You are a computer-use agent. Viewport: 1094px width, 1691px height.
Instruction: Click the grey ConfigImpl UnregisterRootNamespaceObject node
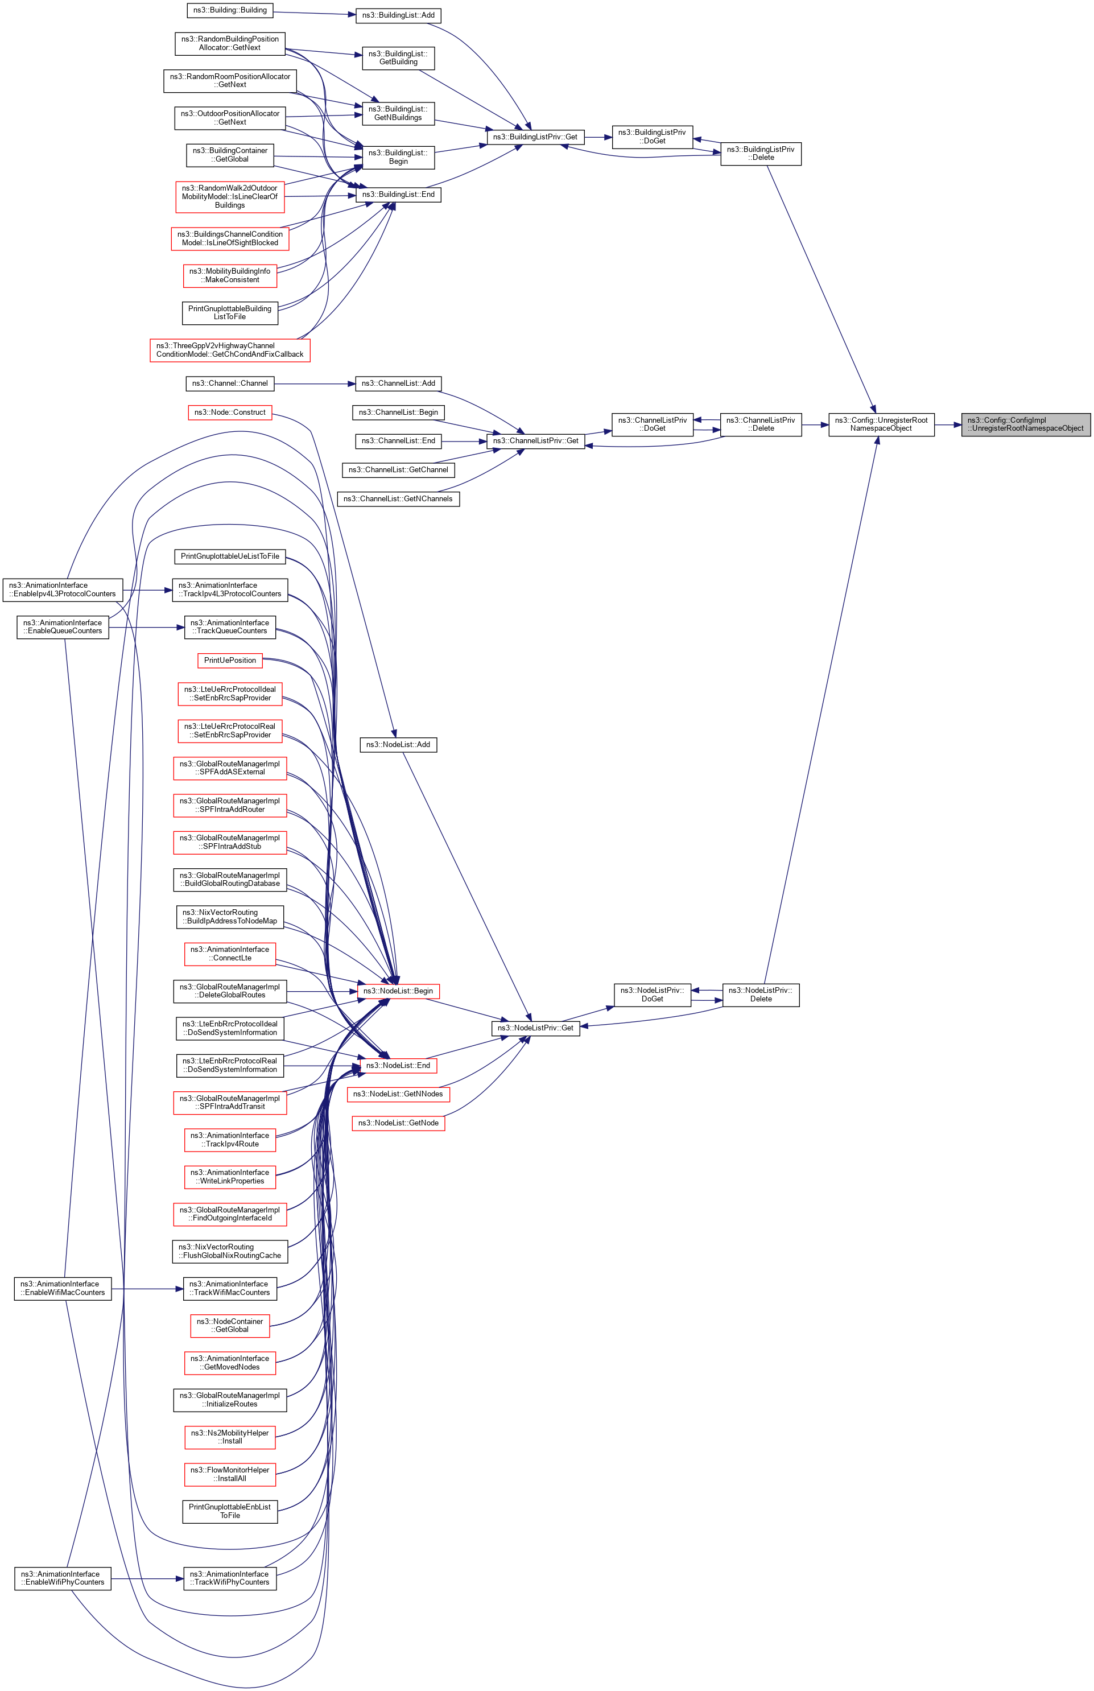click(1025, 424)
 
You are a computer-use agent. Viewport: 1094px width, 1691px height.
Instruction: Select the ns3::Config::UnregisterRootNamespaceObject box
click(881, 424)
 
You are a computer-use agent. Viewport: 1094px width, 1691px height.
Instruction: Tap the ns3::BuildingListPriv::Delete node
click(761, 154)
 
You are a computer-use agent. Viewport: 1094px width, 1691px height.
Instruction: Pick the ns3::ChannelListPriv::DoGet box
click(652, 424)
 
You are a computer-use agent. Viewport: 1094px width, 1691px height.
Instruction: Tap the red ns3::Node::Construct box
click(230, 412)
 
